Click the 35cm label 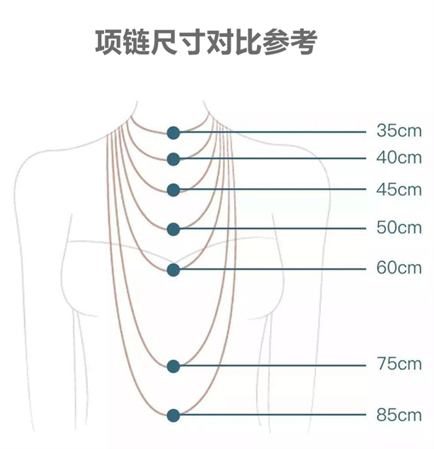pos(399,131)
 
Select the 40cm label pos(399,158)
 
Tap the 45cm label pos(399,189)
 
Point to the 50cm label pos(399,227)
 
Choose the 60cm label pos(399,268)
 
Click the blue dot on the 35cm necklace pos(173,132)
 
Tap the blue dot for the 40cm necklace pos(173,159)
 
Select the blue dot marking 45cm pos(173,190)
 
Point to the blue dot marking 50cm pos(173,229)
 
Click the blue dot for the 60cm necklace pos(173,270)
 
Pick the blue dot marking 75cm pos(173,366)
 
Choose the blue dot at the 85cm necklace pos(173,415)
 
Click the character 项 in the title pos(108,42)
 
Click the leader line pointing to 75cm pos(271,365)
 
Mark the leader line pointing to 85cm pos(271,415)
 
